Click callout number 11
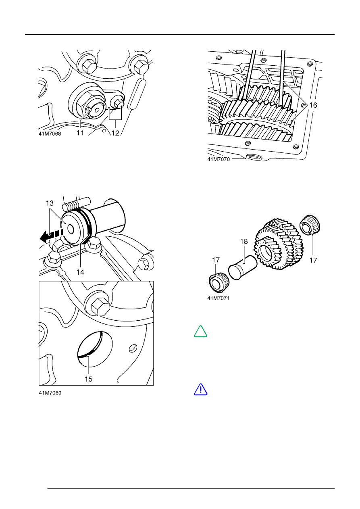click(x=80, y=132)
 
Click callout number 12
click(x=115, y=132)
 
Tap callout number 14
click(x=80, y=272)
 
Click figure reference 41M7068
click(x=50, y=134)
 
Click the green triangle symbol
click(x=201, y=331)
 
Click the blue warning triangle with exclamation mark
click(x=201, y=389)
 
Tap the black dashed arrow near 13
click(x=50, y=236)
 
